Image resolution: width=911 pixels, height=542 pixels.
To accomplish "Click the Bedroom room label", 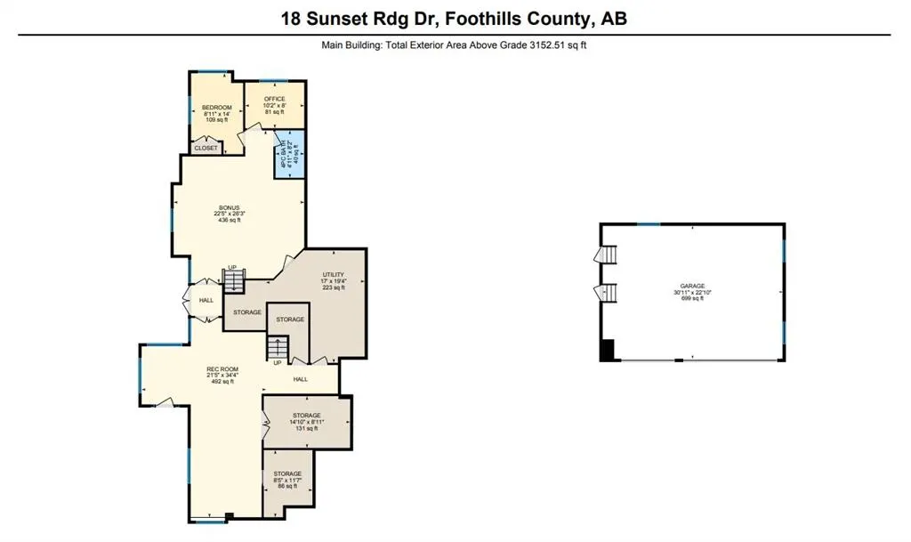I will pos(216,108).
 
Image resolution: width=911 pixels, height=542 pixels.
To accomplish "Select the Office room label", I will pos(273,99).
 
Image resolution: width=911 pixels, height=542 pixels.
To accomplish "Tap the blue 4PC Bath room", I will pos(288,155).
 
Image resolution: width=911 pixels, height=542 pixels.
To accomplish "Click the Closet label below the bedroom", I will pos(206,148).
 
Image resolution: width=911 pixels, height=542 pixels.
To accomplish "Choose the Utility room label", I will pos(333,275).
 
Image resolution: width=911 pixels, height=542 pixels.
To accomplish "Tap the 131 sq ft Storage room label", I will pos(306,415).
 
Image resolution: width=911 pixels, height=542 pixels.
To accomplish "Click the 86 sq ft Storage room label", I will pos(287,473).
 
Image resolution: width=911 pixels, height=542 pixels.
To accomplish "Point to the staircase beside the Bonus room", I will pos(232,282).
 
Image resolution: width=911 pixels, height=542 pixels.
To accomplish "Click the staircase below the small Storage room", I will pos(278,347).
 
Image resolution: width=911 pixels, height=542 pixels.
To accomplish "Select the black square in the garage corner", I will pos(608,351).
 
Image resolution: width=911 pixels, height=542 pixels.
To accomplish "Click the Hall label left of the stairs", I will pos(206,300).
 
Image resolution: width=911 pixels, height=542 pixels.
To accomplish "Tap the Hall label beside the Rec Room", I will pos(301,378).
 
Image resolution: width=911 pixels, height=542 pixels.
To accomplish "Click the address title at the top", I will pos(455,18).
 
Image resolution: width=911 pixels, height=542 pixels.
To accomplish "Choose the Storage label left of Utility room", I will pos(247,312).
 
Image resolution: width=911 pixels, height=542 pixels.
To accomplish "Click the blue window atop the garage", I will pos(649,223).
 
